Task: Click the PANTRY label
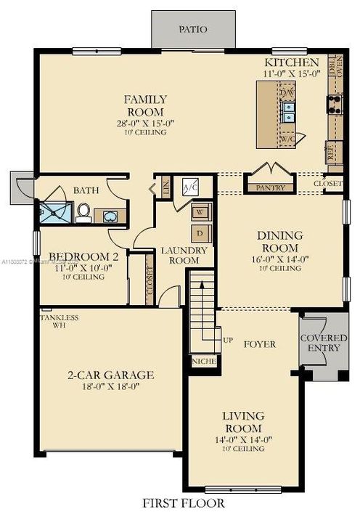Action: point(270,187)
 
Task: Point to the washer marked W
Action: point(200,213)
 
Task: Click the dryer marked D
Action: point(200,234)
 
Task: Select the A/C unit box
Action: point(192,187)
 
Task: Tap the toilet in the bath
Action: point(83,212)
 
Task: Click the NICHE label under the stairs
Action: point(200,360)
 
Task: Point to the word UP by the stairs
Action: point(227,340)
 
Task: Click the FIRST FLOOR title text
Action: point(183,503)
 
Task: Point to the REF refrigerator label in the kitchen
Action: point(330,153)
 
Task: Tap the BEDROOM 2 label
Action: point(83,256)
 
